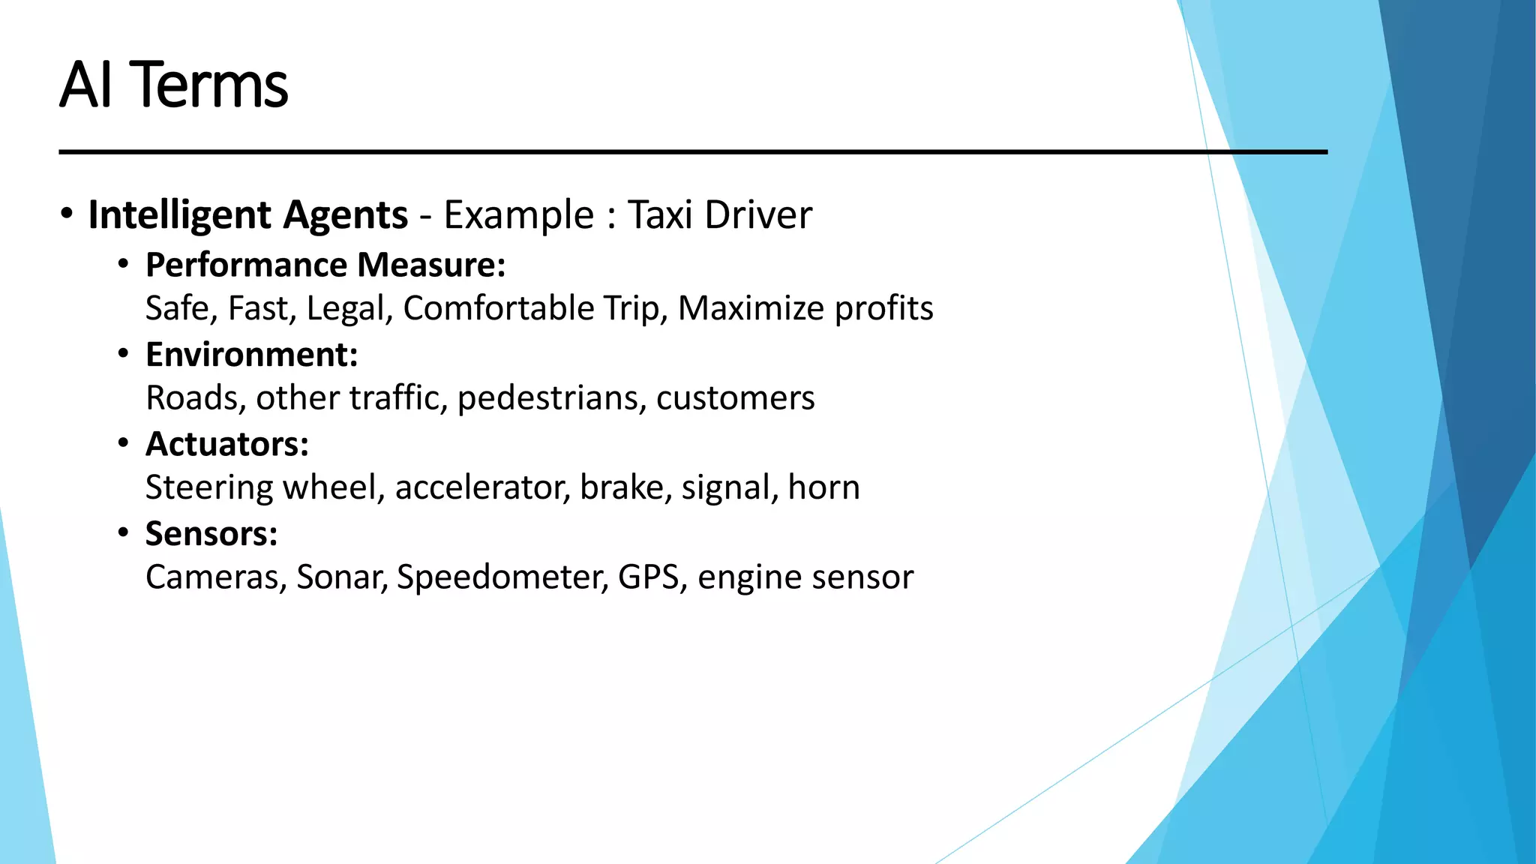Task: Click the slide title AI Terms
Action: coord(173,85)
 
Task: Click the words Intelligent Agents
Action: coord(247,215)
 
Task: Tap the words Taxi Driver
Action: coord(719,215)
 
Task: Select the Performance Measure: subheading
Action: coord(325,265)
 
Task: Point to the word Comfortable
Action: coord(498,308)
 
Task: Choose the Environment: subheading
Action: coord(251,354)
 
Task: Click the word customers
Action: coord(735,397)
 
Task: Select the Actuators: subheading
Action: coord(226,444)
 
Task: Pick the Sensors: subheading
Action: coord(211,534)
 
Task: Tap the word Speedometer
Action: coord(502,577)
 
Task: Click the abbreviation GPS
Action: coord(648,577)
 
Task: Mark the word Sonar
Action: coord(341,577)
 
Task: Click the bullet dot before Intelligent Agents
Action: coord(67,214)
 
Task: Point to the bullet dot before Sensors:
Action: coord(124,533)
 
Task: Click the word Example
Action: coord(518,215)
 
